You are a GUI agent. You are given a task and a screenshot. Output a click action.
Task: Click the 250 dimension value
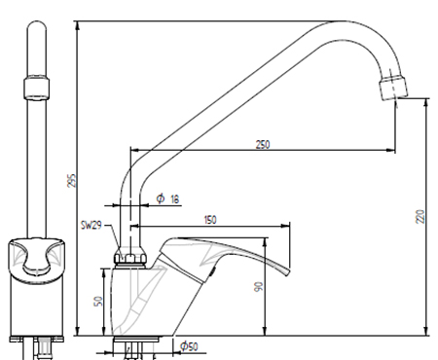click(263, 144)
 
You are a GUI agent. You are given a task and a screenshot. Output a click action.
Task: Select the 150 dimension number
click(210, 220)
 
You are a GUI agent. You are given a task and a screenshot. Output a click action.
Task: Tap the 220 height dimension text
click(420, 216)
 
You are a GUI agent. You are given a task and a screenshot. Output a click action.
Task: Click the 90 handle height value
click(259, 287)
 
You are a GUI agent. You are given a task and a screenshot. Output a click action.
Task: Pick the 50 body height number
click(98, 301)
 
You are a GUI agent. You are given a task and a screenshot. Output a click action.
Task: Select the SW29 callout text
click(91, 225)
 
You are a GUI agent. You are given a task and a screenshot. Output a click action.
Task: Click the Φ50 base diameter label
click(189, 346)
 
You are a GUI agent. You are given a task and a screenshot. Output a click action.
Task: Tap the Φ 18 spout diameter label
click(167, 198)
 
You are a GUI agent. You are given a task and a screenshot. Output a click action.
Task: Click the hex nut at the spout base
click(130, 259)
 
